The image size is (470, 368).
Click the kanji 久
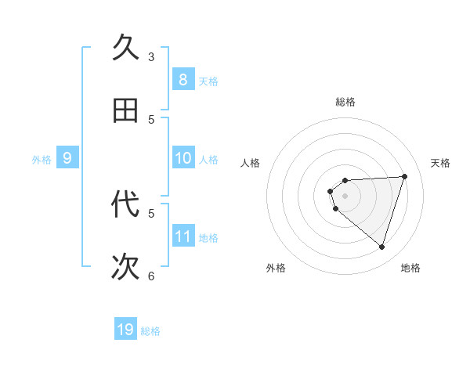tap(126, 48)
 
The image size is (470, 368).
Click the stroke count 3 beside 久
tap(151, 57)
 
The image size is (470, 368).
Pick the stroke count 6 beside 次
tap(151, 276)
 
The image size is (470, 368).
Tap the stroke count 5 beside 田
tap(151, 120)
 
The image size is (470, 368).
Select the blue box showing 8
tap(183, 79)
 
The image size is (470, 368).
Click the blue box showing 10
tap(183, 158)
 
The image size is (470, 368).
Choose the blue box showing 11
tap(183, 236)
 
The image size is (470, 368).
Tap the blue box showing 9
tap(67, 158)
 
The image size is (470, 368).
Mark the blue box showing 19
tap(125, 330)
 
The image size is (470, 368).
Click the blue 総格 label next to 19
tap(150, 331)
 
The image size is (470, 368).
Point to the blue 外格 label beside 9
tap(42, 160)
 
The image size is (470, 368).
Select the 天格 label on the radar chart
tap(441, 163)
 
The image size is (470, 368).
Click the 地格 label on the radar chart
tap(410, 268)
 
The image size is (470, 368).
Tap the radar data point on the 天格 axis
tap(404, 176)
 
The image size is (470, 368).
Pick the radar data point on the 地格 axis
tap(381, 247)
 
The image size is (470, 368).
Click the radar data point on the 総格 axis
tap(345, 181)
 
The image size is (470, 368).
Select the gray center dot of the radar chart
tap(345, 196)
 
